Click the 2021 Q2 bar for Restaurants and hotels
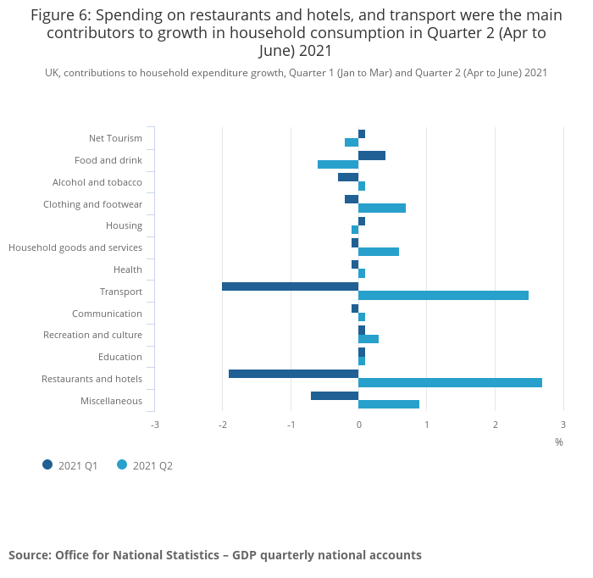pos(450,383)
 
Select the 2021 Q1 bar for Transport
pos(290,286)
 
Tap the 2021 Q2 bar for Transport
pos(443,296)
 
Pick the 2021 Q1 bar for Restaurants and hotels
pos(293,374)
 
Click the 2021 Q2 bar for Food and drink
pos(338,164)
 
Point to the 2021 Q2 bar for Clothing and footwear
pos(382,208)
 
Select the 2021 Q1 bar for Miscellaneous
pos(335,396)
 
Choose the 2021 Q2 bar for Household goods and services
pos(379,252)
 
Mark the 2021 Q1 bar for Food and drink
pos(372,156)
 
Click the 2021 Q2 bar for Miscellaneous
pos(389,404)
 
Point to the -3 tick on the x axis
pos(154,424)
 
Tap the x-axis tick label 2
pos(495,424)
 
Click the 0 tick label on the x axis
pos(358,424)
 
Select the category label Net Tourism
pos(115,138)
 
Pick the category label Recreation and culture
pos(92,335)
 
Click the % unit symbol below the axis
pos(559,442)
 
